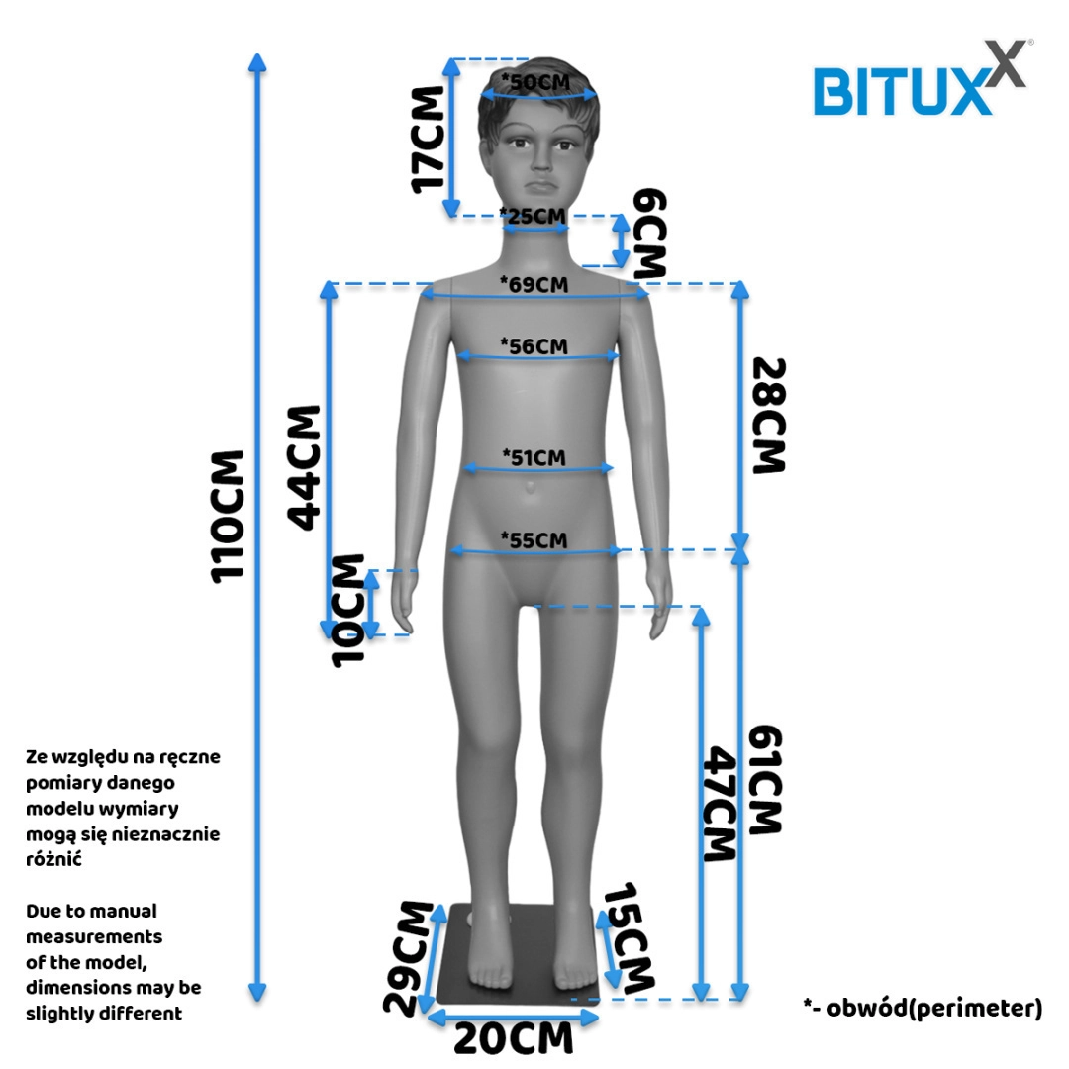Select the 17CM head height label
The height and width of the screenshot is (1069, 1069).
point(430,140)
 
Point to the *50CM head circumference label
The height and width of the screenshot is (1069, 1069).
point(535,81)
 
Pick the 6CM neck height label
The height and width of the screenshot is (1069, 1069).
point(650,233)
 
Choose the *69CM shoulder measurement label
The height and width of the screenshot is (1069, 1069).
point(534,284)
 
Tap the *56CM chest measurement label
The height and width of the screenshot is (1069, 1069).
point(534,345)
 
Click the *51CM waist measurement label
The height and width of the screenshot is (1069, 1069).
point(534,457)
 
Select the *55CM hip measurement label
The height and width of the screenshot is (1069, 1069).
point(534,539)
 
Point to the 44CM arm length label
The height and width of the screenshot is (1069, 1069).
point(304,465)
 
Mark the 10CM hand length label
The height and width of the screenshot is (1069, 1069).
point(347,609)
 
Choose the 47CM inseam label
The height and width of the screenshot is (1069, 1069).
point(721,804)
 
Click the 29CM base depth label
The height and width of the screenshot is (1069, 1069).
point(409,957)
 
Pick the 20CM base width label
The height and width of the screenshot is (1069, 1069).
point(513,1039)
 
